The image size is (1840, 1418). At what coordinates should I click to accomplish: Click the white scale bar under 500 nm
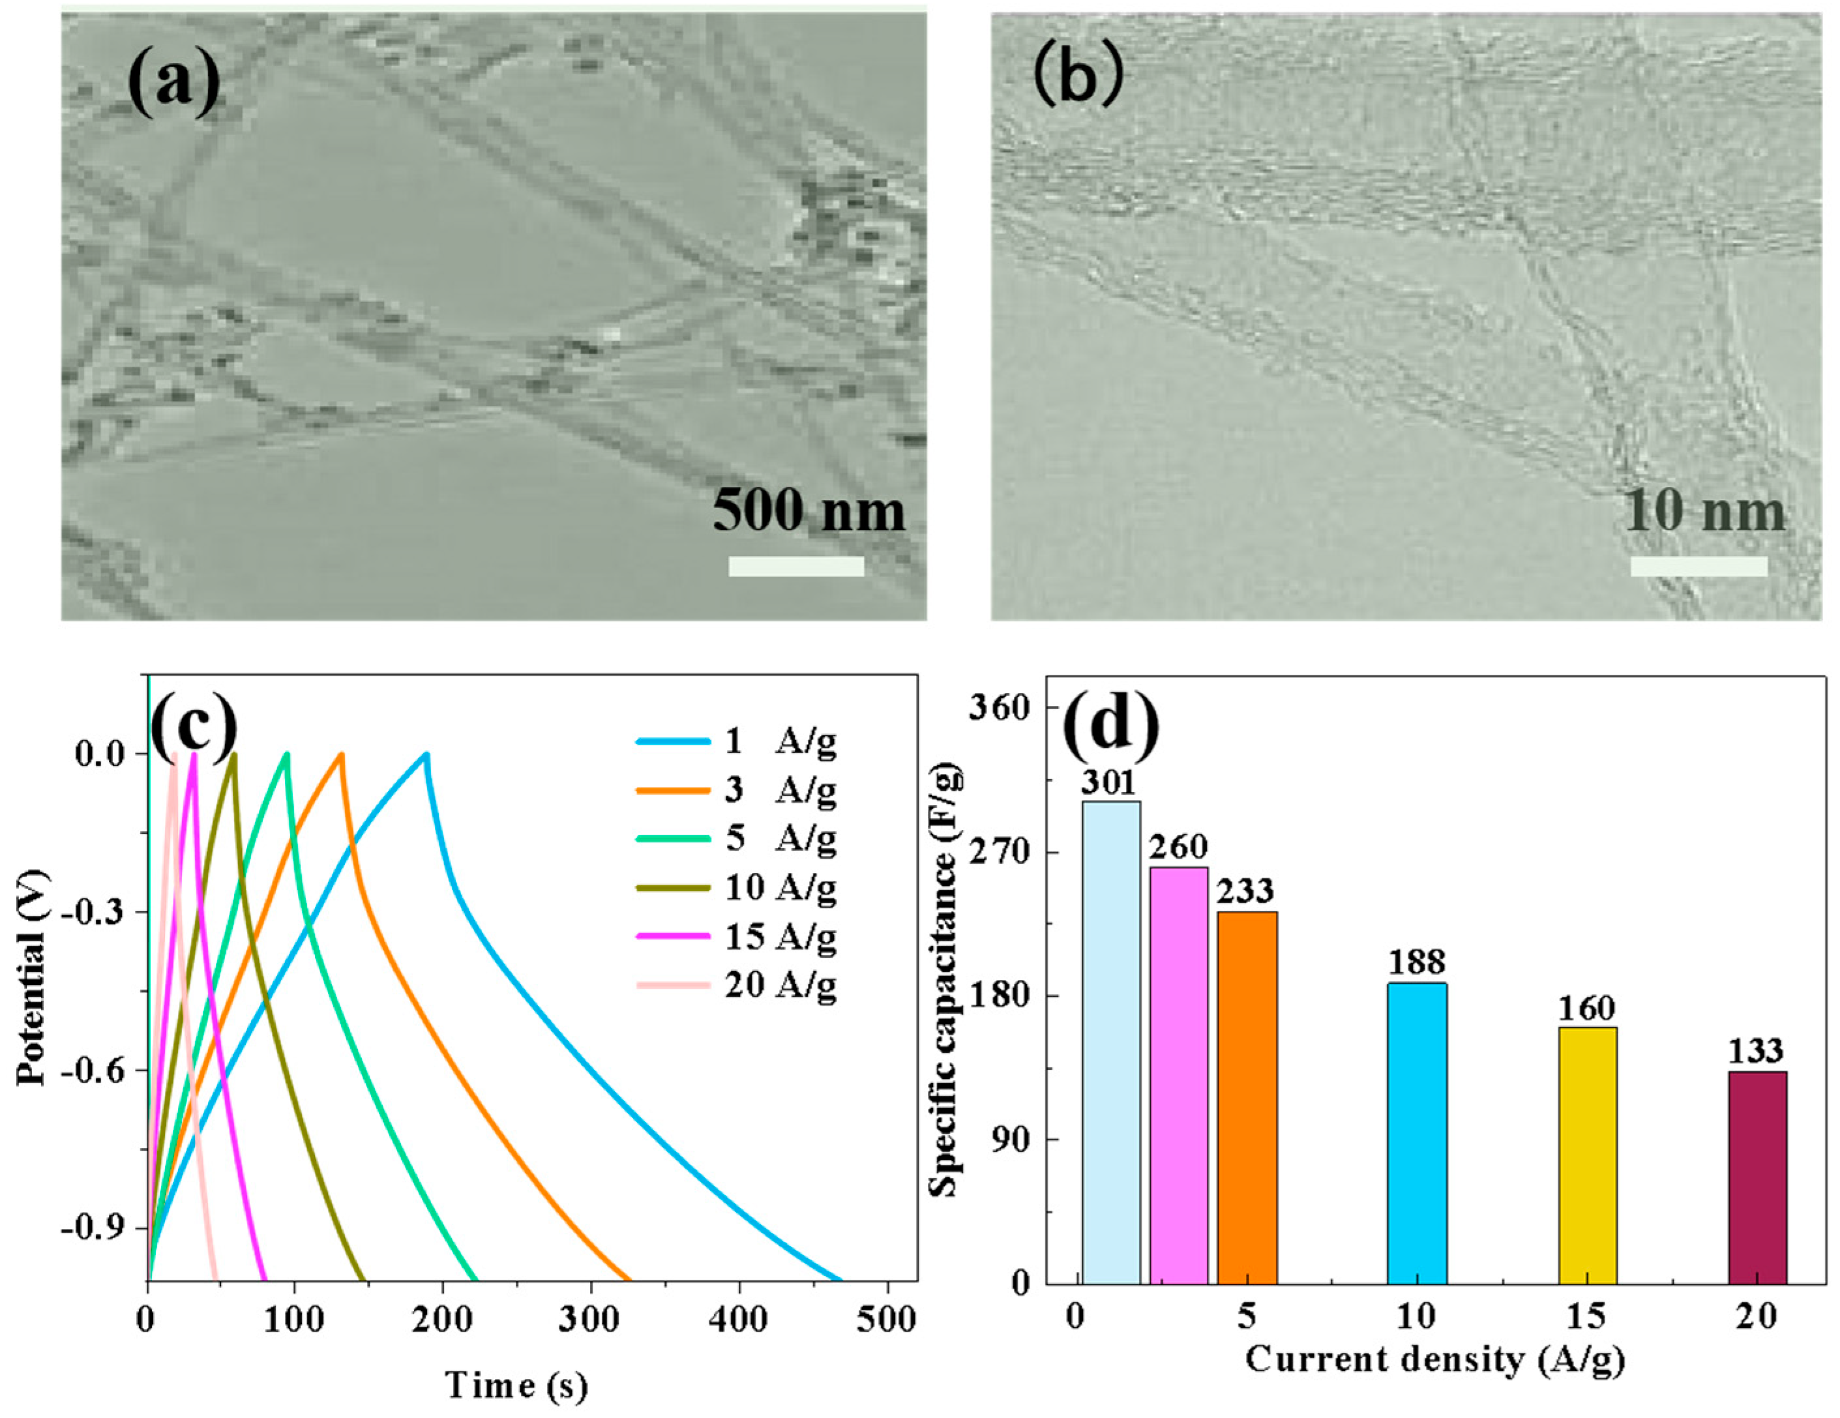pos(796,566)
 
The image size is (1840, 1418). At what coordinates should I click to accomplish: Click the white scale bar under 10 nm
pos(1699,566)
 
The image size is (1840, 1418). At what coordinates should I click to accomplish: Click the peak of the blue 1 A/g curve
pos(427,754)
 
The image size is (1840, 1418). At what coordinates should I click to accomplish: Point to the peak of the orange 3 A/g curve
pos(341,754)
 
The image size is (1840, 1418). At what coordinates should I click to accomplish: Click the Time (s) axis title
pos(516,1385)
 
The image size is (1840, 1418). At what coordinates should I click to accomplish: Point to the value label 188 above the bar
pos(1417,962)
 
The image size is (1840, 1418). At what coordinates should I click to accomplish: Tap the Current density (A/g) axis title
pos(1434,1359)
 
